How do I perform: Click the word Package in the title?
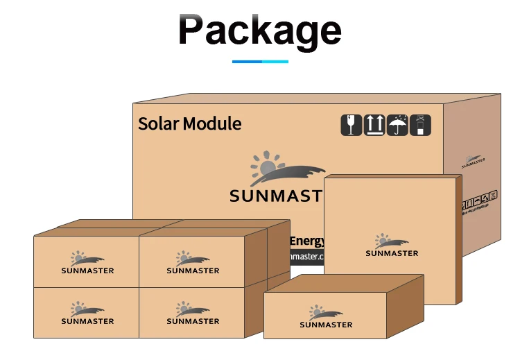259,31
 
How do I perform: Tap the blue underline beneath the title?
260,62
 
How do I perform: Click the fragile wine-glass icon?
352,126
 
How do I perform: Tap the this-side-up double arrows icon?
374,126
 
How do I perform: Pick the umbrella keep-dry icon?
397,126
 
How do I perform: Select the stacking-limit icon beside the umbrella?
420,126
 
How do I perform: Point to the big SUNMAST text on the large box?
276,196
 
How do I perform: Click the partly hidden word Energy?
306,241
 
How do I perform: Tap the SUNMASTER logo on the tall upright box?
392,246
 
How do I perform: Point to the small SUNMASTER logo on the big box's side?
474,161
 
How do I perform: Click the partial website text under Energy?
306,257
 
